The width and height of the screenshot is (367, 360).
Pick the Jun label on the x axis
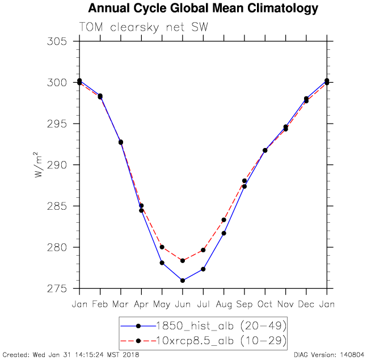tap(183, 304)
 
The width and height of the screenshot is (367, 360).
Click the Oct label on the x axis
tap(265, 304)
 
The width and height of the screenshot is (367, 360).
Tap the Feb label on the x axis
tap(100, 304)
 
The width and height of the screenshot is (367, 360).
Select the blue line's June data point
tap(183, 281)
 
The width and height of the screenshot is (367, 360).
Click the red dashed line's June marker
tap(183, 261)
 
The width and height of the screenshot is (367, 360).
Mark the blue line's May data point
tap(162, 263)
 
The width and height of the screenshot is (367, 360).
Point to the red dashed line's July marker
tap(203, 250)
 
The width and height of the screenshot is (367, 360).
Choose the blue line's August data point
tap(224, 233)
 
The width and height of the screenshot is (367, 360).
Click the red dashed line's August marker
tap(224, 220)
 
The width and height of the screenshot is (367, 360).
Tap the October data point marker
tap(265, 150)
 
